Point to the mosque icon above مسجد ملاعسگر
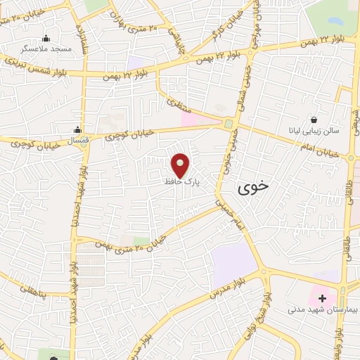click(46, 38)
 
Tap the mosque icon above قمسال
click(78, 129)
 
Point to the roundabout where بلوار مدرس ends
click(264, 271)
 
